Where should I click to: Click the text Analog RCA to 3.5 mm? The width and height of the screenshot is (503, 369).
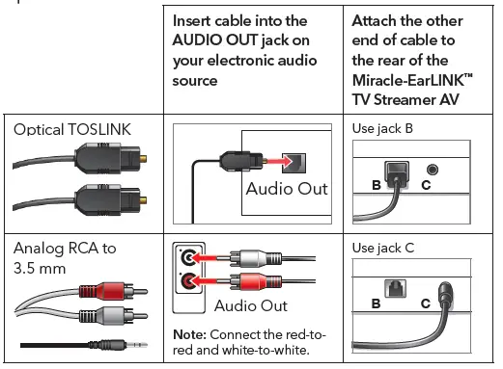[x=65, y=257]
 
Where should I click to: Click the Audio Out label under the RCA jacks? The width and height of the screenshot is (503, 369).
[x=250, y=305]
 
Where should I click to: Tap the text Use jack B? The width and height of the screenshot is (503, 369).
[x=383, y=130]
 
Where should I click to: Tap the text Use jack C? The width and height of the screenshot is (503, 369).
[x=383, y=248]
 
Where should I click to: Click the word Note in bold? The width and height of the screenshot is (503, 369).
[x=190, y=333]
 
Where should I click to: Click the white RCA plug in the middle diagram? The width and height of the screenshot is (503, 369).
[x=256, y=258]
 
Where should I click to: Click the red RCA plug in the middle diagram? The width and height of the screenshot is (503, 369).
[x=256, y=283]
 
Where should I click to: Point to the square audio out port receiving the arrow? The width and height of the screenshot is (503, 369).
[x=298, y=158]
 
